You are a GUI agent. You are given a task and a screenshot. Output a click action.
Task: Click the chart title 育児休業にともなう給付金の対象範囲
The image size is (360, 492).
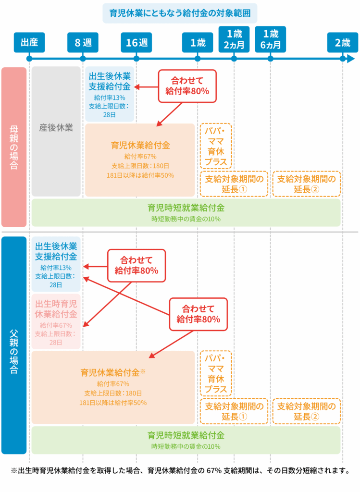point(180,13)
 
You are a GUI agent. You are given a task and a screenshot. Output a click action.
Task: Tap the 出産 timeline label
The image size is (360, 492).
point(29,42)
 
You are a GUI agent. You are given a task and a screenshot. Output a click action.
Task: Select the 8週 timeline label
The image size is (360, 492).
point(83,42)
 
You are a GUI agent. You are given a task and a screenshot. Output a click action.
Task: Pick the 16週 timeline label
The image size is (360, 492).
point(137,42)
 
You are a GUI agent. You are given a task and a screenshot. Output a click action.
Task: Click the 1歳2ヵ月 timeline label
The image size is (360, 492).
point(234,39)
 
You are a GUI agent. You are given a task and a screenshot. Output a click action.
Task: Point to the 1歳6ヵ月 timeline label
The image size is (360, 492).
point(271,39)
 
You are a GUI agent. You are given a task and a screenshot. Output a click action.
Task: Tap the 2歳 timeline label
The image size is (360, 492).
point(343,42)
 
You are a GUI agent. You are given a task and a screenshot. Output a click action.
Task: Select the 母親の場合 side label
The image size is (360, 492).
point(13,147)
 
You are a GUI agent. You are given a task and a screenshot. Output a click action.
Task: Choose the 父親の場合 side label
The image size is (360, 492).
point(13,345)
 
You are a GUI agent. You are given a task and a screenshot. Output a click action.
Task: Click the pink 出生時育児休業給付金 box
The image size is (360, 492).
point(56,321)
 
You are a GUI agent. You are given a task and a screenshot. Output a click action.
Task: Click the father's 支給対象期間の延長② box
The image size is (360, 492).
point(307,411)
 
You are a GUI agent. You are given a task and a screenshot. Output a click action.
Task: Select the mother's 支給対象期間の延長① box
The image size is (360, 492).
point(234,184)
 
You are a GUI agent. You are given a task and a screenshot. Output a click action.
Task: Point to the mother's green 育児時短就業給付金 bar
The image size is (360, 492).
point(186,212)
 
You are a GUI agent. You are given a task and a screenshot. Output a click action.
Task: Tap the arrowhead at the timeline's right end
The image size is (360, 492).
point(344,59)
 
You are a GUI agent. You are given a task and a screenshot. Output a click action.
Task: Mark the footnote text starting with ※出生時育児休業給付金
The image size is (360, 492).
point(180,470)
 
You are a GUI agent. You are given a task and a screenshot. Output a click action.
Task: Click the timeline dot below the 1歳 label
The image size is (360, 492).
point(198,59)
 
